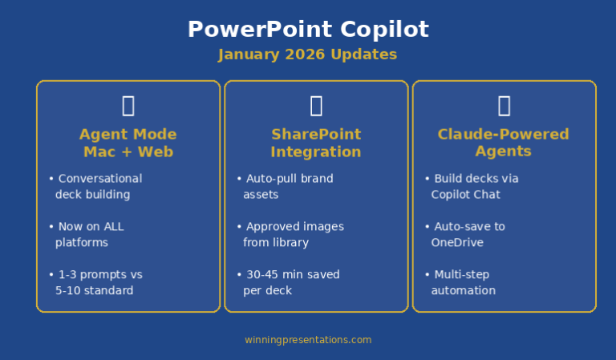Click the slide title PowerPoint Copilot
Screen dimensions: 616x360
pyautogui.click(x=308, y=30)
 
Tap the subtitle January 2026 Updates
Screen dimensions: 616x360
pyautogui.click(x=308, y=55)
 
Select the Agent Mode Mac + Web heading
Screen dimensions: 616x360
pyautogui.click(x=128, y=143)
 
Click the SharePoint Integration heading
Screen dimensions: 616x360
pyautogui.click(x=316, y=143)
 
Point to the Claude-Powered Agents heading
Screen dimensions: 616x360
pyautogui.click(x=503, y=143)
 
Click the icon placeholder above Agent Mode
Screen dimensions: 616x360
pyautogui.click(x=128, y=106)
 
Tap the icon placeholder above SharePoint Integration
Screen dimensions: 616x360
pyautogui.click(x=316, y=106)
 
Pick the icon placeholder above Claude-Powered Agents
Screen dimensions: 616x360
pyautogui.click(x=505, y=106)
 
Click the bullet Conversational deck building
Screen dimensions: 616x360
pyautogui.click(x=95, y=187)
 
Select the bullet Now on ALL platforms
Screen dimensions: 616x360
pyautogui.click(x=87, y=234)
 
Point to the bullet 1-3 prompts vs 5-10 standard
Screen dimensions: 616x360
pyautogui.click(x=95, y=282)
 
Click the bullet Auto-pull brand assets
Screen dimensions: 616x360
pyautogui.click(x=285, y=187)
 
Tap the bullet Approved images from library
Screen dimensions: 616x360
pyautogui.click(x=290, y=234)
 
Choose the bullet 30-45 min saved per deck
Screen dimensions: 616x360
pyautogui.click(x=288, y=282)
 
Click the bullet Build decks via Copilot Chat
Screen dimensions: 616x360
pyautogui.click(x=472, y=187)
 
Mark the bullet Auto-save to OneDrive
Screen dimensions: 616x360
pyautogui.click(x=464, y=234)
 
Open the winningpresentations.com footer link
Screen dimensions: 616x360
pyautogui.click(x=308, y=340)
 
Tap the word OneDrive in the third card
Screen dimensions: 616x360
pyautogui.click(x=457, y=242)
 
